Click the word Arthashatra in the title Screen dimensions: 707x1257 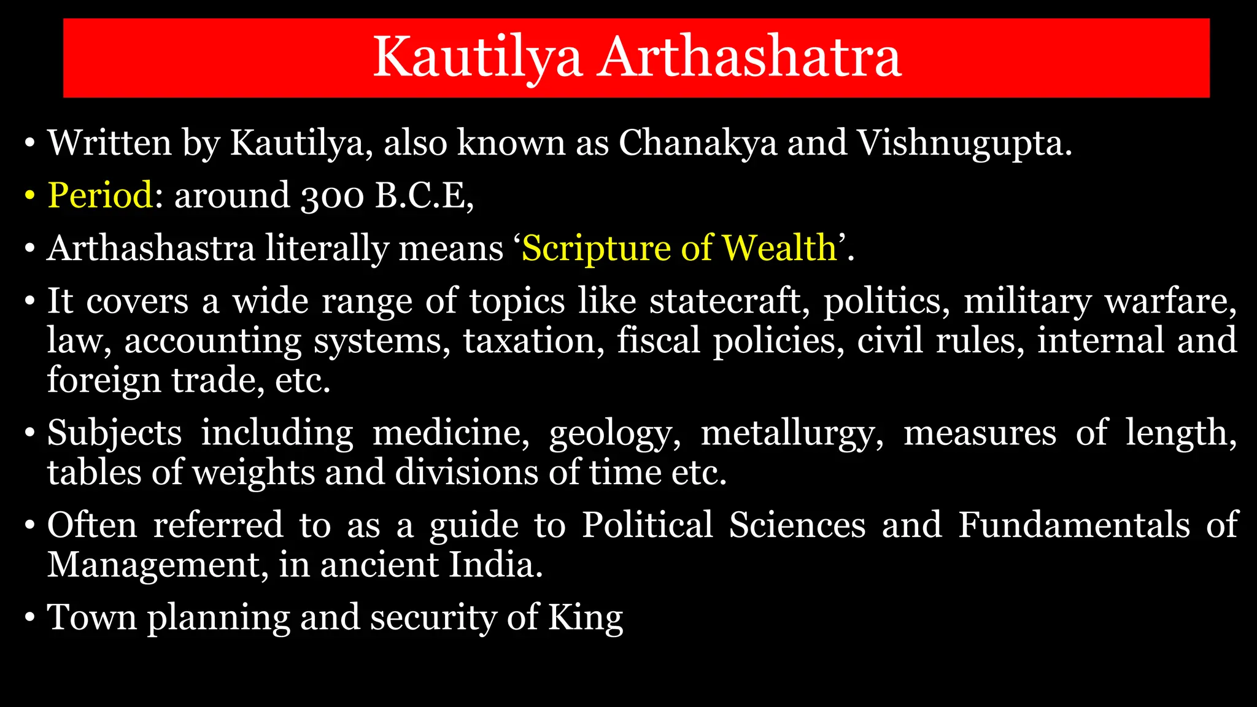click(x=750, y=56)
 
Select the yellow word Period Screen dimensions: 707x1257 click(x=100, y=196)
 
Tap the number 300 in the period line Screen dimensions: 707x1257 click(x=332, y=196)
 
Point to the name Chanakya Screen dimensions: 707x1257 click(x=698, y=144)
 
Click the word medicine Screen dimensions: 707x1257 click(x=451, y=433)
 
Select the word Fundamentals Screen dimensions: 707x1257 click(x=1074, y=525)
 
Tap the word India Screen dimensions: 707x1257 click(x=495, y=565)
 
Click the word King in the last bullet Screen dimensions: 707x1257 click(x=585, y=618)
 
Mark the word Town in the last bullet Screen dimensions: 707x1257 click(x=92, y=617)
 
